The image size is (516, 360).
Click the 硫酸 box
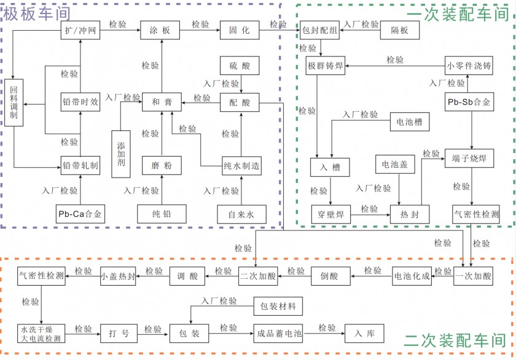click(x=240, y=66)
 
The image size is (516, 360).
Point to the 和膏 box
click(x=162, y=103)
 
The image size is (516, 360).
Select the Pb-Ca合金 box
click(x=80, y=214)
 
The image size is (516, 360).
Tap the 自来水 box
click(x=241, y=214)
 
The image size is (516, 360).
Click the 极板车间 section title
click(x=37, y=12)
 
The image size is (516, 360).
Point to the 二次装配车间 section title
click(x=455, y=341)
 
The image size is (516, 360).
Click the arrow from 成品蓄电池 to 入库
click(x=324, y=334)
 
